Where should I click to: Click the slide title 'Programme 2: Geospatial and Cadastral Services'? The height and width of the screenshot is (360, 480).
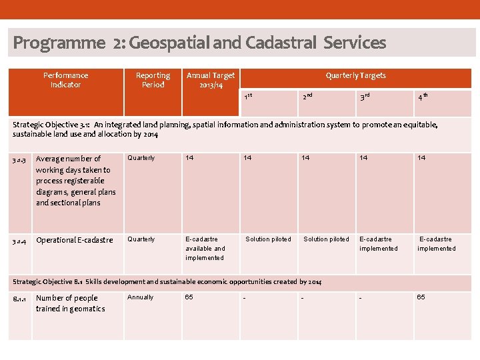(199, 43)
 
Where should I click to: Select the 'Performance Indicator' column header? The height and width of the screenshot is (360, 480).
(65, 80)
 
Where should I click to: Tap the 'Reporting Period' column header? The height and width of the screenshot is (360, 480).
(153, 80)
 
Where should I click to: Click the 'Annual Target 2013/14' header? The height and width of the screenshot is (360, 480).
(210, 80)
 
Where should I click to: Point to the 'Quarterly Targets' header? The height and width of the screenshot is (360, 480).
(355, 75)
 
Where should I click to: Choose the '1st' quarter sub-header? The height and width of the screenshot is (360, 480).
(248, 97)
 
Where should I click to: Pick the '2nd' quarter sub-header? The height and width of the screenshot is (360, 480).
(307, 97)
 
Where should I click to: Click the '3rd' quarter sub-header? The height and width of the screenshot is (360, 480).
(365, 97)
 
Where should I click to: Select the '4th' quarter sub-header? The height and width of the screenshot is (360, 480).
(423, 97)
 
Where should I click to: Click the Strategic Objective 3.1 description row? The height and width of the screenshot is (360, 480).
(225, 129)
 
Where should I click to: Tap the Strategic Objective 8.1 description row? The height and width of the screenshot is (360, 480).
(167, 282)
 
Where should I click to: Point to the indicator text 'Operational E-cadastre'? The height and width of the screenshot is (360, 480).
(75, 240)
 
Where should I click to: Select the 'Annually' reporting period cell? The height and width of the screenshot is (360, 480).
(140, 297)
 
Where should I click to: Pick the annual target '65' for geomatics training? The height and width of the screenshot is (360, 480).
(189, 297)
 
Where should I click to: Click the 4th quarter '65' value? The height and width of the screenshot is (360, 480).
(421, 297)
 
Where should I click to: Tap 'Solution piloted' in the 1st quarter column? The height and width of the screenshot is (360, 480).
(268, 239)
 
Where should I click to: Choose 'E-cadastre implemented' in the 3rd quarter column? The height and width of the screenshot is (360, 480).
(379, 244)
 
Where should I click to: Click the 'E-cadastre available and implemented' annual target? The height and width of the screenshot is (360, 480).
(205, 248)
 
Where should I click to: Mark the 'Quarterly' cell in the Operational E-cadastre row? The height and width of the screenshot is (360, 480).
(141, 239)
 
